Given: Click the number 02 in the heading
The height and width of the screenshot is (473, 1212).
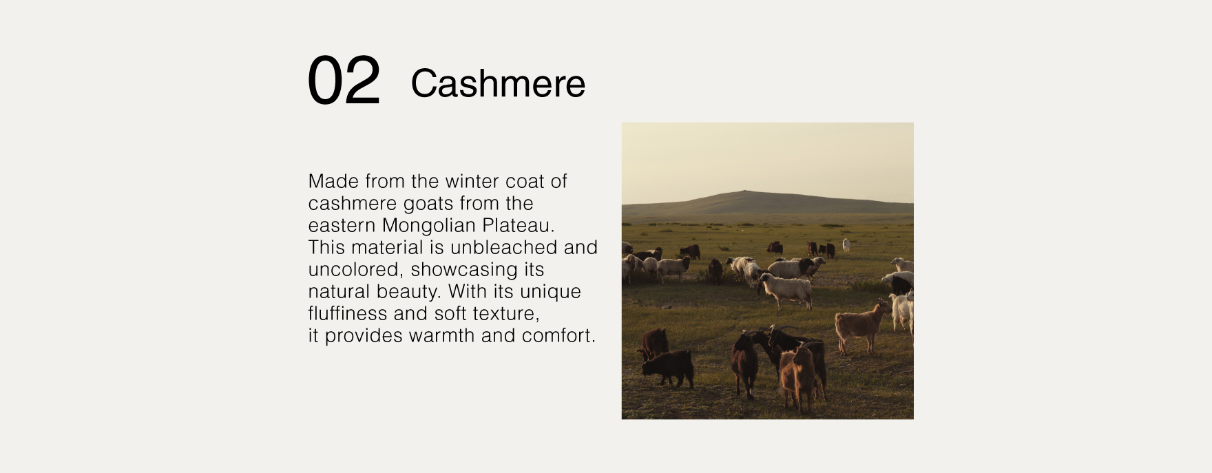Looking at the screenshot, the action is coord(344,81).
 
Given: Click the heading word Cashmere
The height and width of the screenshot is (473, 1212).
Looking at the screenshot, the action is coord(498,83).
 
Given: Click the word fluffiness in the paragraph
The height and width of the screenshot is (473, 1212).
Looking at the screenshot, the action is coord(348,313).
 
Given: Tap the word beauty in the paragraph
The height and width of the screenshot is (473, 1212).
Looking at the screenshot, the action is coord(407,291).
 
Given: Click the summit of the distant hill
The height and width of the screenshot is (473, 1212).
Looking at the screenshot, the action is coord(744,191).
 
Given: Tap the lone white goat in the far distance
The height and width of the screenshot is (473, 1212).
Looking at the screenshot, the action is coord(846,244).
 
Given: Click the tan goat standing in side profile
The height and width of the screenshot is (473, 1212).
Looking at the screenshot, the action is coord(861,326).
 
